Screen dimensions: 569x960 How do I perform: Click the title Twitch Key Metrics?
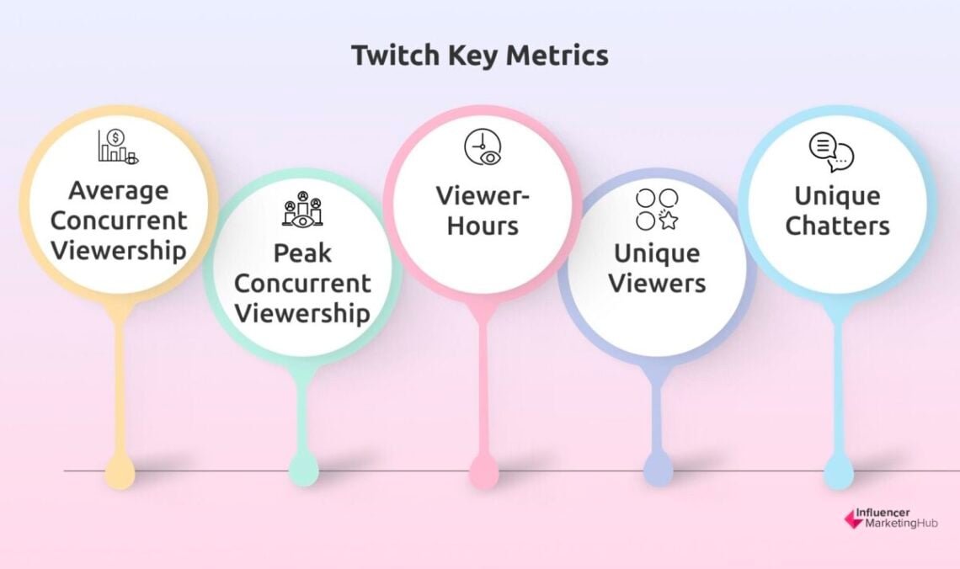pos(479,56)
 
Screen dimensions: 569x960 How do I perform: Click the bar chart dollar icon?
pos(117,147)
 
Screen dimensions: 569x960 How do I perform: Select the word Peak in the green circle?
pos(301,253)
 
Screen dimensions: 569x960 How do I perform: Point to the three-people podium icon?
pos(301,211)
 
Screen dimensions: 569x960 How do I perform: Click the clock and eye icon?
pos(482,147)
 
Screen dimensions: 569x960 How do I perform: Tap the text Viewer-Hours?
pos(482,210)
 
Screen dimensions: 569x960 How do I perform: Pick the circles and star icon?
pos(657,210)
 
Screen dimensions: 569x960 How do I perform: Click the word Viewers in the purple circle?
pos(657,283)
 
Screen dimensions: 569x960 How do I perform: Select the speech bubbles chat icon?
pos(831,153)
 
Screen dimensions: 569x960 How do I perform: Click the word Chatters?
pos(837,226)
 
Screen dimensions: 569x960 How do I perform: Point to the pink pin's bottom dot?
pos(483,471)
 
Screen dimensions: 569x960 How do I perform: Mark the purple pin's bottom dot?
pos(658,468)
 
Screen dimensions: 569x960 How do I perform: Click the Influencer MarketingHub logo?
pos(891,518)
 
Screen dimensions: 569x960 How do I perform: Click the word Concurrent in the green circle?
pos(301,283)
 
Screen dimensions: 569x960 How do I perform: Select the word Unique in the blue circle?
pos(837,196)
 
